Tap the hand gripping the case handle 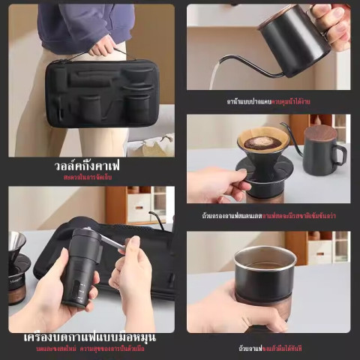102,46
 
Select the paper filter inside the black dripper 263,141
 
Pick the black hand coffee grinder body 78,269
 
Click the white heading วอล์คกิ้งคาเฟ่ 88,164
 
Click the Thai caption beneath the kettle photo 268,101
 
